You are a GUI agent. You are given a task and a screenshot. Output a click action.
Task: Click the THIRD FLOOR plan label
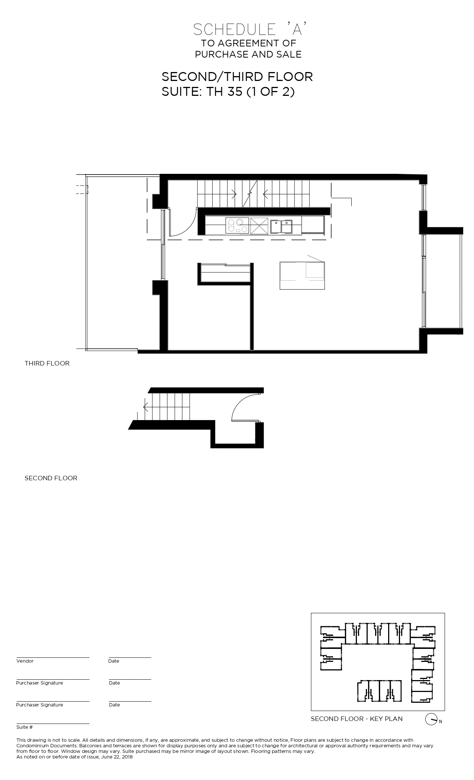click(x=47, y=363)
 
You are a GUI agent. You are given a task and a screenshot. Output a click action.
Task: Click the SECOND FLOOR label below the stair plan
click(x=51, y=478)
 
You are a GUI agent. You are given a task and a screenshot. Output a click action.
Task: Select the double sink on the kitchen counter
click(x=281, y=227)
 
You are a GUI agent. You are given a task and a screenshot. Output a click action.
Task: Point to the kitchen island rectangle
click(x=302, y=276)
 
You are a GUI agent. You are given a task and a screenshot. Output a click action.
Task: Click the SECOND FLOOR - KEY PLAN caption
click(x=357, y=719)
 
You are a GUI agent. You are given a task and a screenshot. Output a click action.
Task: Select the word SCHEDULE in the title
click(x=234, y=29)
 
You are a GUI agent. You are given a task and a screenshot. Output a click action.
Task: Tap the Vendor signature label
click(x=25, y=661)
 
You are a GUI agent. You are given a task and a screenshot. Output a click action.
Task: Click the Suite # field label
click(x=25, y=727)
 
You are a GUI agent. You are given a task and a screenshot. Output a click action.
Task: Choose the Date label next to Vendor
click(x=114, y=661)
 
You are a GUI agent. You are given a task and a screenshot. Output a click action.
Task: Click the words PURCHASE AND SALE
click(x=248, y=55)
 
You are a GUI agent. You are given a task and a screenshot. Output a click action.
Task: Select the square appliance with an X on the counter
click(x=259, y=226)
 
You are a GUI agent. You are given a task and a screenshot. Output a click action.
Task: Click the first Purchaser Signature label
click(x=39, y=683)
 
